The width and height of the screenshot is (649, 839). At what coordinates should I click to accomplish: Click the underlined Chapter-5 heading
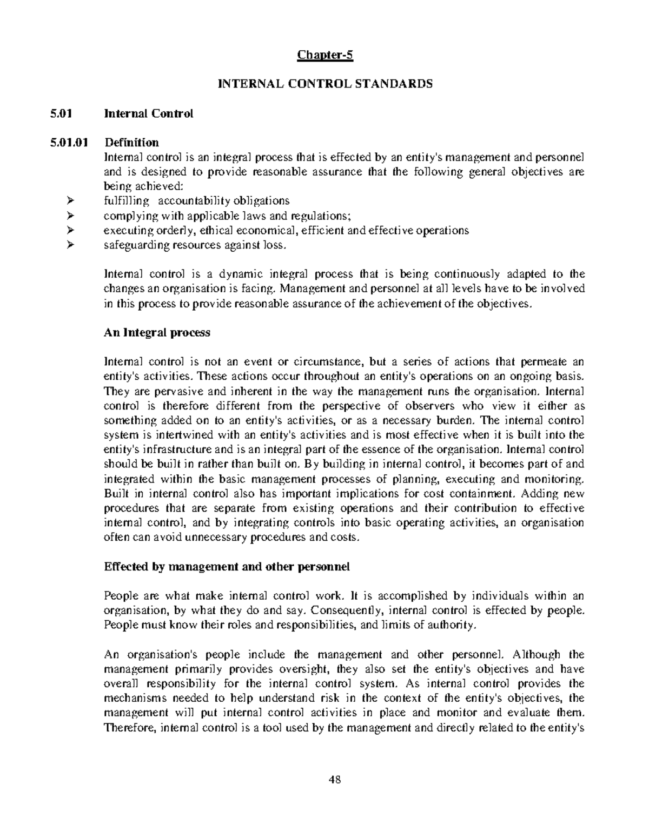(x=325, y=55)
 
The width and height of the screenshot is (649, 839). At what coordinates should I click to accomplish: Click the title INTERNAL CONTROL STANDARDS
(x=325, y=84)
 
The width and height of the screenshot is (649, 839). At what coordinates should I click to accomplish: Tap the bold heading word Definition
(x=131, y=143)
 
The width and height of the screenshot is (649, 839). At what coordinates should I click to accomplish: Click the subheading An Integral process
(x=156, y=333)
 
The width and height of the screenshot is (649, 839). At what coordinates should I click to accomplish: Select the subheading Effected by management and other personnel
(x=227, y=567)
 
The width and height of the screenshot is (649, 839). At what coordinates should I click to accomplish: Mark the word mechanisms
(x=132, y=699)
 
